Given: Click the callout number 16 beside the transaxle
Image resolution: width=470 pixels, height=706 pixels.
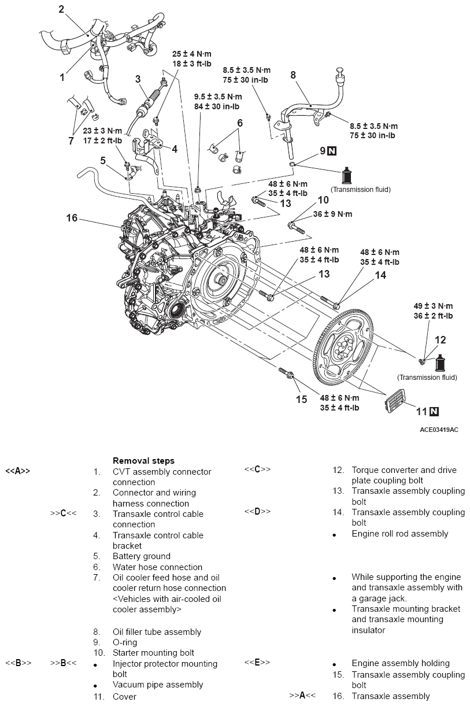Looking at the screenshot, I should (72, 218).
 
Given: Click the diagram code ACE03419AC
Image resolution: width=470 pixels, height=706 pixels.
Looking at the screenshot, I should (439, 430).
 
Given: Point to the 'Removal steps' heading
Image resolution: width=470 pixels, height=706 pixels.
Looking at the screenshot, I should (143, 461).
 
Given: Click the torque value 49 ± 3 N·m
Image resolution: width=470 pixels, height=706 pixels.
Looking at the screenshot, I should (433, 306).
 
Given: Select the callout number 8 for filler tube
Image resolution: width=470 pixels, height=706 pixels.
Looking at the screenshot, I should (293, 75).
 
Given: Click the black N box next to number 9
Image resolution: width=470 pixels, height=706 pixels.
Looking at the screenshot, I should (332, 151).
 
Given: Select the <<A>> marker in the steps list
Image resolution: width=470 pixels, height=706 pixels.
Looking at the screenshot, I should (17, 471).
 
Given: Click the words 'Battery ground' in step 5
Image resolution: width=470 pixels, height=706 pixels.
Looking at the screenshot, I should (142, 556).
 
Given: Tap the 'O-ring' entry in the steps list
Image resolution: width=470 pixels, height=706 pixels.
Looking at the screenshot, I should (125, 642).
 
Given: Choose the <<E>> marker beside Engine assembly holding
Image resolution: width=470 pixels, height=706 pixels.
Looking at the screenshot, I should (257, 663).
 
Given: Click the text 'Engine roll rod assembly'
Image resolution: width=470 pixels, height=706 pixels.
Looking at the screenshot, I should (399, 534).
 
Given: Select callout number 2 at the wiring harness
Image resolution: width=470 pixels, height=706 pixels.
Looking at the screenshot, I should (61, 9).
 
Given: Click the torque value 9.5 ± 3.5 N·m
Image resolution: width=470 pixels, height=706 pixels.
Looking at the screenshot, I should (218, 97).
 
